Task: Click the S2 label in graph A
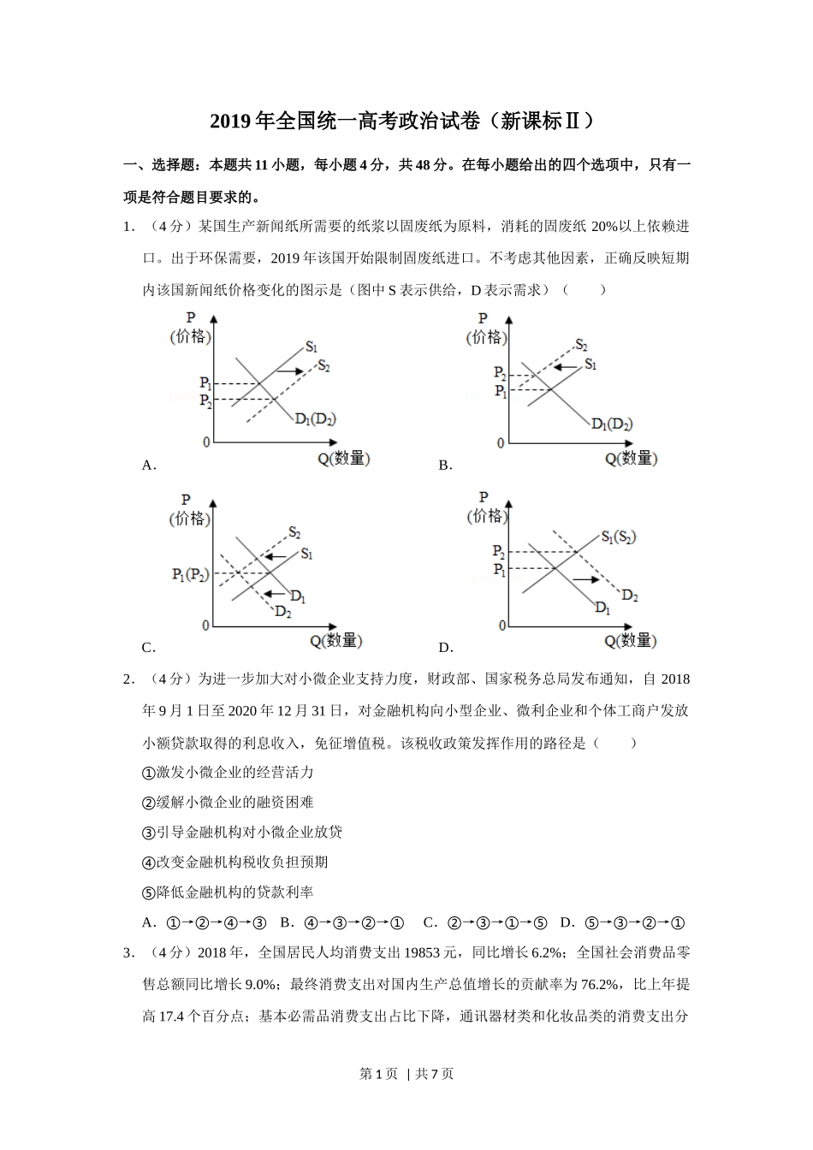pos(323,366)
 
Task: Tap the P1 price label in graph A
pos(205,383)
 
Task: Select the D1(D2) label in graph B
pos(611,424)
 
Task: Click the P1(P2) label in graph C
pos(190,575)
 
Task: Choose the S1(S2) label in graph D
pos(618,537)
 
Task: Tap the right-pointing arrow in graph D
pos(585,580)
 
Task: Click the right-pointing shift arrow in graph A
pos(292,370)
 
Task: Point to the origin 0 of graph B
pos(501,443)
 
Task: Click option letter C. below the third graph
pos(148,648)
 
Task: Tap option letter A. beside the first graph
pos(148,465)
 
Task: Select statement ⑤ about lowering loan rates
pos(228,892)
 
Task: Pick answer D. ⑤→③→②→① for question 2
pos(622,923)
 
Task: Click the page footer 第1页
pos(379,1074)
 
